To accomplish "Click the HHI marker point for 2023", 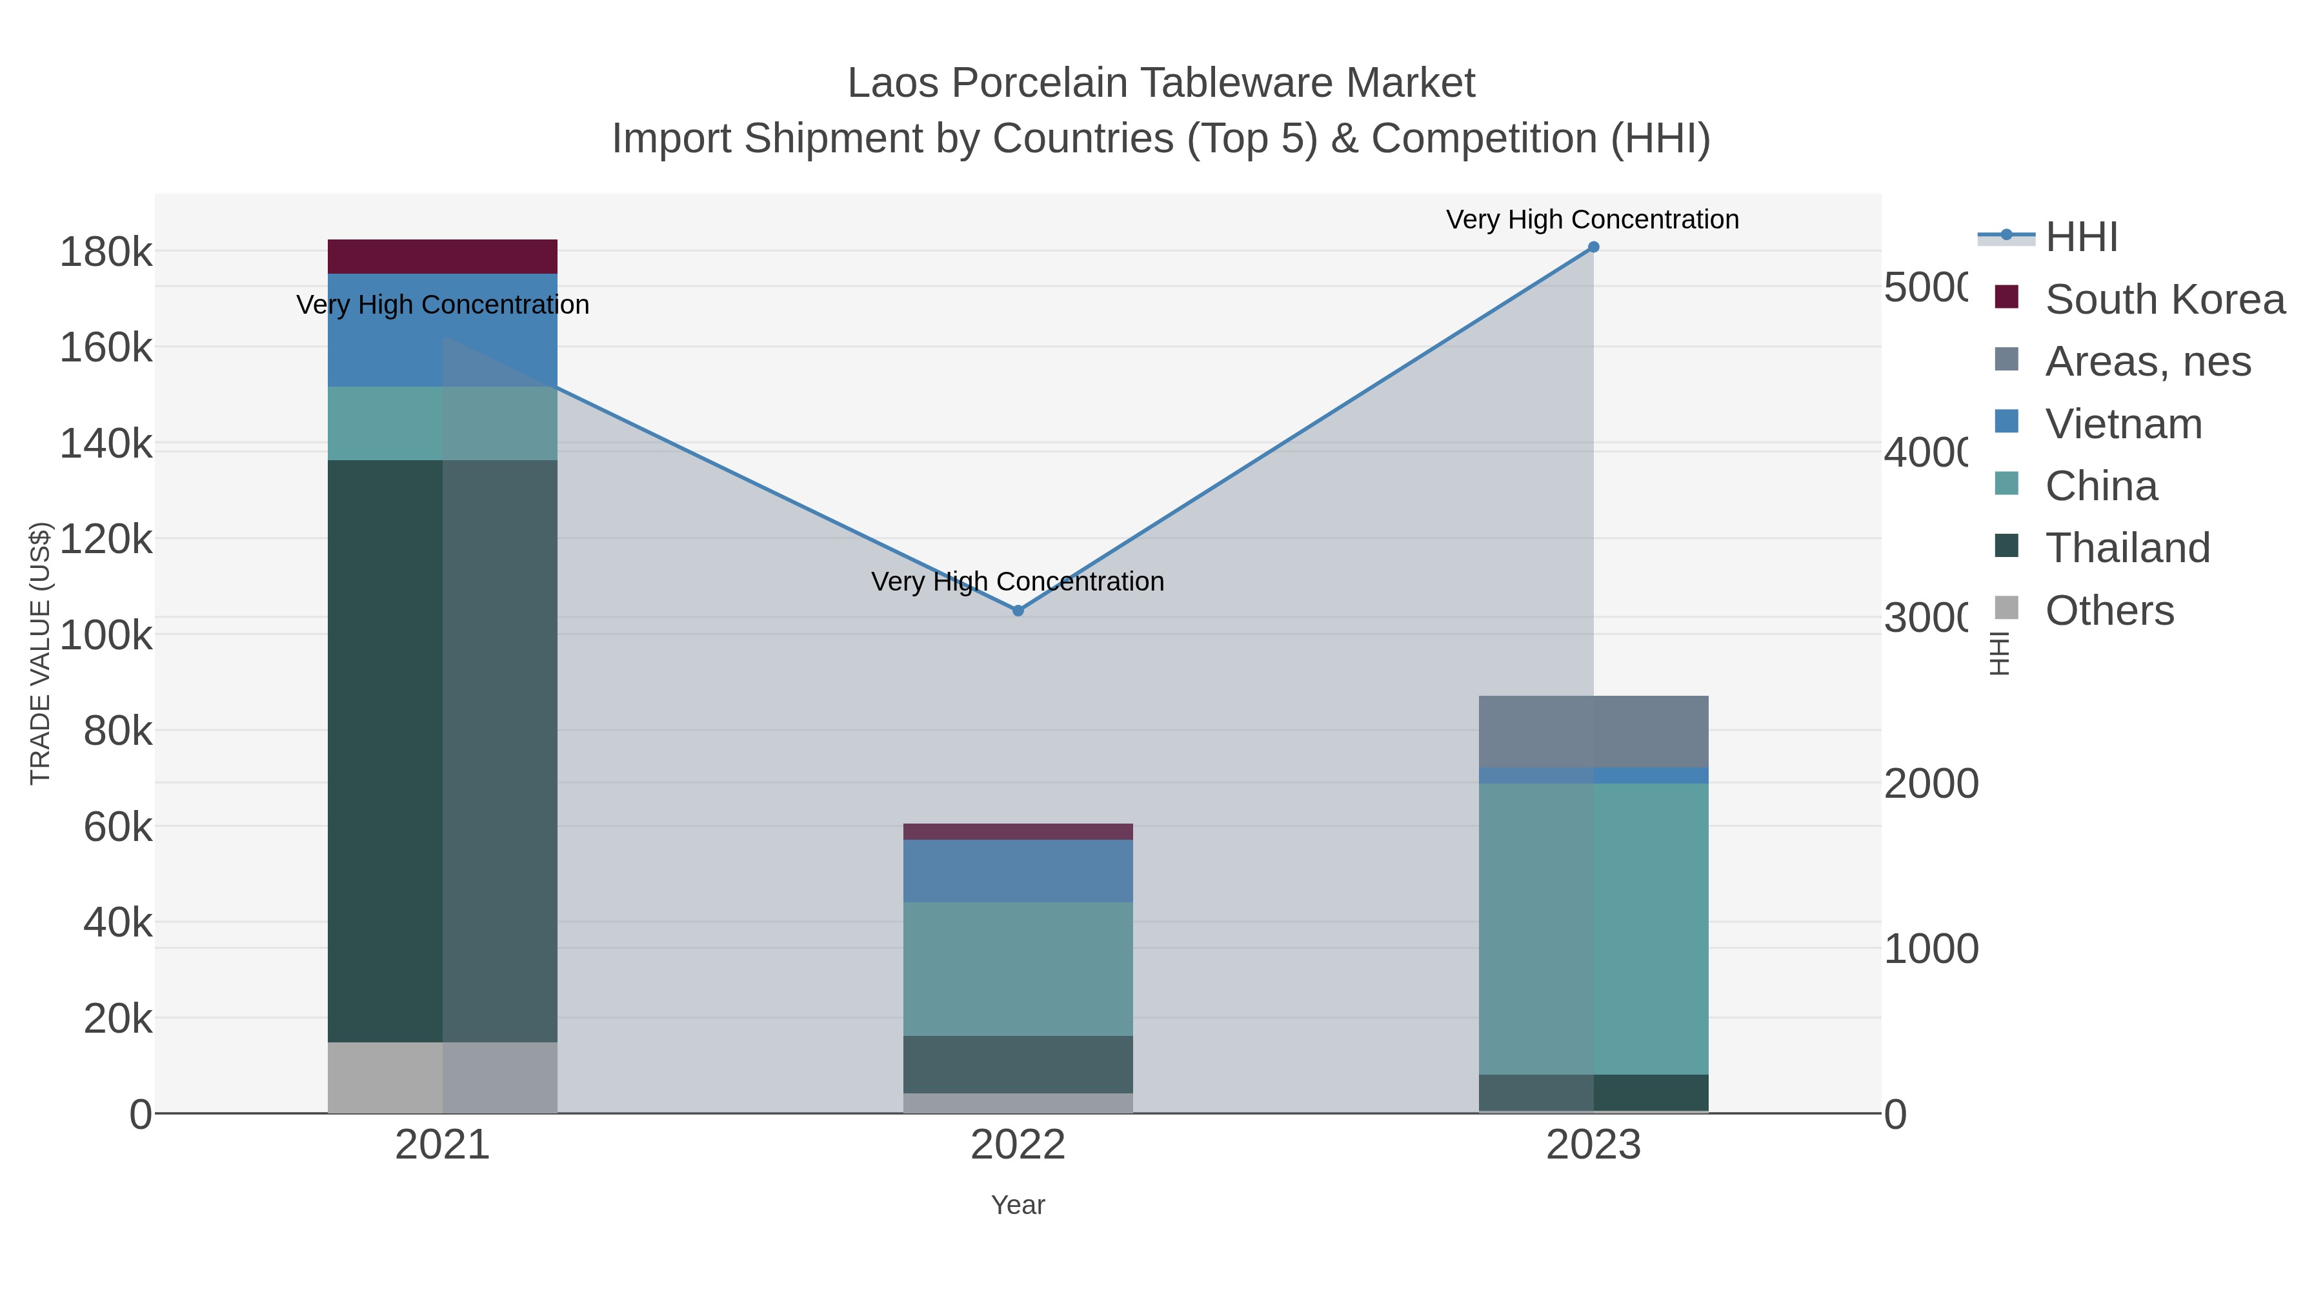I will (x=1593, y=247).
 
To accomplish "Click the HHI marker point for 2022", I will (x=1018, y=611).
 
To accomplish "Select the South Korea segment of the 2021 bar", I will (x=442, y=256).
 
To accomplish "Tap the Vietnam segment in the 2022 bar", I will (x=1018, y=871).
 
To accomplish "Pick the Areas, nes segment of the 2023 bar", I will (x=1593, y=731).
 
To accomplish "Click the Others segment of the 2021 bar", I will (x=442, y=1077).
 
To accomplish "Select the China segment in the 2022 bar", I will (x=1018, y=969).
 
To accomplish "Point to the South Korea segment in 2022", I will (x=1018, y=832).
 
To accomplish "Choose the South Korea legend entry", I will (x=2164, y=299).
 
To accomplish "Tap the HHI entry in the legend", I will (x=2081, y=238).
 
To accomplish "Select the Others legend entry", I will (x=2108, y=611).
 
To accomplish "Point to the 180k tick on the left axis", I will (x=106, y=252).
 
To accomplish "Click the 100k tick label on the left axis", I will (x=106, y=636).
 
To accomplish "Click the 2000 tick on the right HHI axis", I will (x=1930, y=784).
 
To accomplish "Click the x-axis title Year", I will (x=1018, y=1205).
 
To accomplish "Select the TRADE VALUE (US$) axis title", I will (x=41, y=653).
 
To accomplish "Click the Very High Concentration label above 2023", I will (x=1593, y=220).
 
